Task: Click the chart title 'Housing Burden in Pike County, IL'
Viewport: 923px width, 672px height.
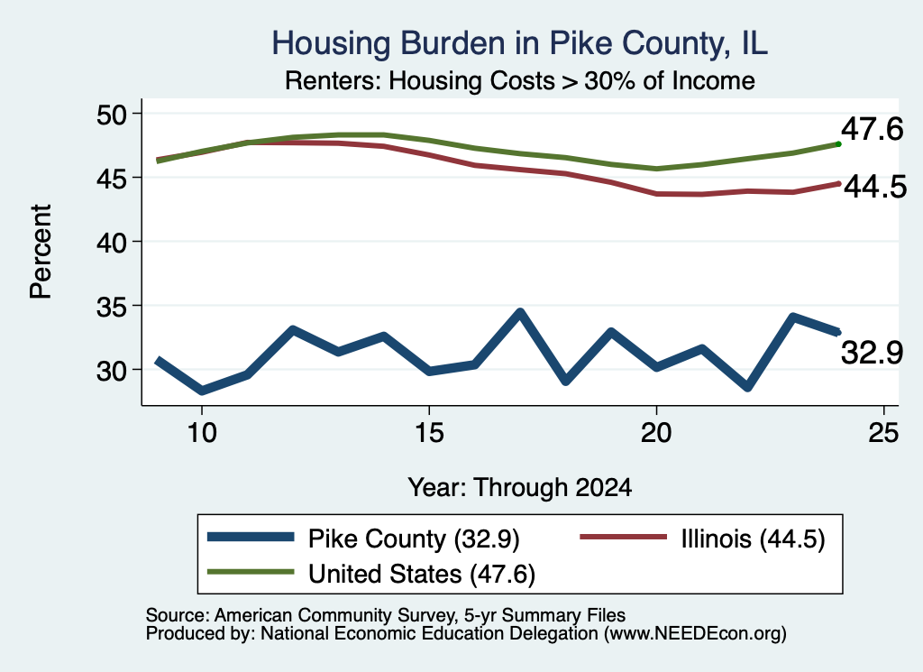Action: point(519,43)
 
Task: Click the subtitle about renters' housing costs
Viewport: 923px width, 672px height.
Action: point(519,80)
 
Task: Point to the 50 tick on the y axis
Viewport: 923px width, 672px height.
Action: point(112,115)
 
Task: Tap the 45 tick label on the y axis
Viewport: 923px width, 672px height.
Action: point(112,178)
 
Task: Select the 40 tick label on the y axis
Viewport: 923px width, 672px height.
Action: point(112,242)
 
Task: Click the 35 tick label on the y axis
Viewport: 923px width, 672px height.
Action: point(112,307)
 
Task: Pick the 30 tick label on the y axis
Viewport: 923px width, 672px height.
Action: point(112,371)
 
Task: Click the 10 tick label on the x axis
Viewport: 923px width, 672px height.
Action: point(202,433)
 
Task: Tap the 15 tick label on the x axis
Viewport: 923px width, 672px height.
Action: point(429,433)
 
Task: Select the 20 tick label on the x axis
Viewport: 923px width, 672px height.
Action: point(656,433)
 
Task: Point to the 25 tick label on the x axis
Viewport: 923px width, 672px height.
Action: point(883,433)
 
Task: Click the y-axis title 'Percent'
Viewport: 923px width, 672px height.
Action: point(41,252)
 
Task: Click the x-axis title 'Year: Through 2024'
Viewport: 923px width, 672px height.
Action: point(520,488)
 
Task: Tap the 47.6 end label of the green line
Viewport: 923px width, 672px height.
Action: point(872,129)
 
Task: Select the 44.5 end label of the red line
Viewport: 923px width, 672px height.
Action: point(875,188)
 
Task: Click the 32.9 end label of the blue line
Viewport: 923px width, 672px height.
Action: point(872,353)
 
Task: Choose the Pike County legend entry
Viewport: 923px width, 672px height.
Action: point(363,539)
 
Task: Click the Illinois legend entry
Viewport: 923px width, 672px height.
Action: point(703,539)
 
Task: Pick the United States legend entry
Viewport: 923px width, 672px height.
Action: point(371,574)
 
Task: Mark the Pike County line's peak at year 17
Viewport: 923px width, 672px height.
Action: point(520,311)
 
